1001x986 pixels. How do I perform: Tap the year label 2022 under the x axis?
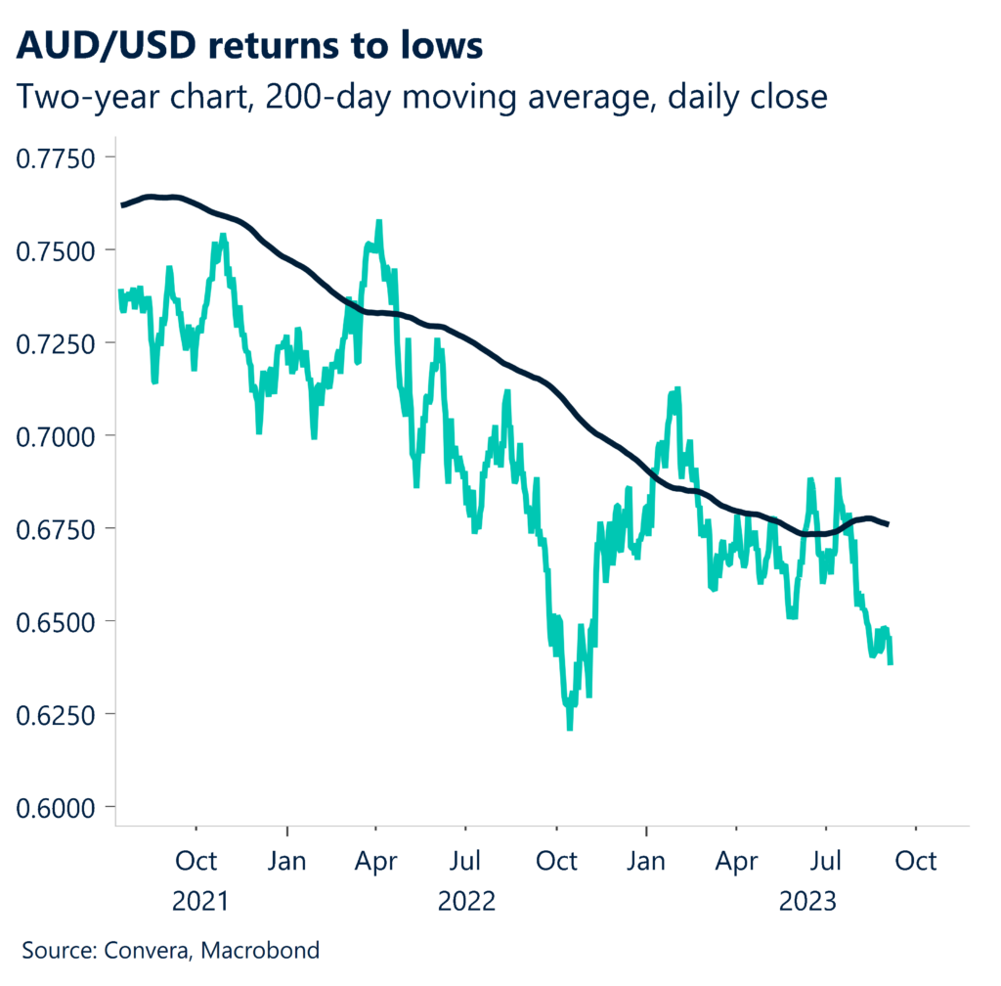[466, 901]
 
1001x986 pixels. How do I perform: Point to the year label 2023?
[807, 901]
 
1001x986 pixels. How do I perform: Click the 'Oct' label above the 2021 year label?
[198, 861]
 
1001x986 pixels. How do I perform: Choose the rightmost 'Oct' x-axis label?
[916, 861]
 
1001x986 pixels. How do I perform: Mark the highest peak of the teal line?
[378, 222]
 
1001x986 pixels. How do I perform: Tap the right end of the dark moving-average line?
[888, 525]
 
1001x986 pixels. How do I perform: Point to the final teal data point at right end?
[891, 664]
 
